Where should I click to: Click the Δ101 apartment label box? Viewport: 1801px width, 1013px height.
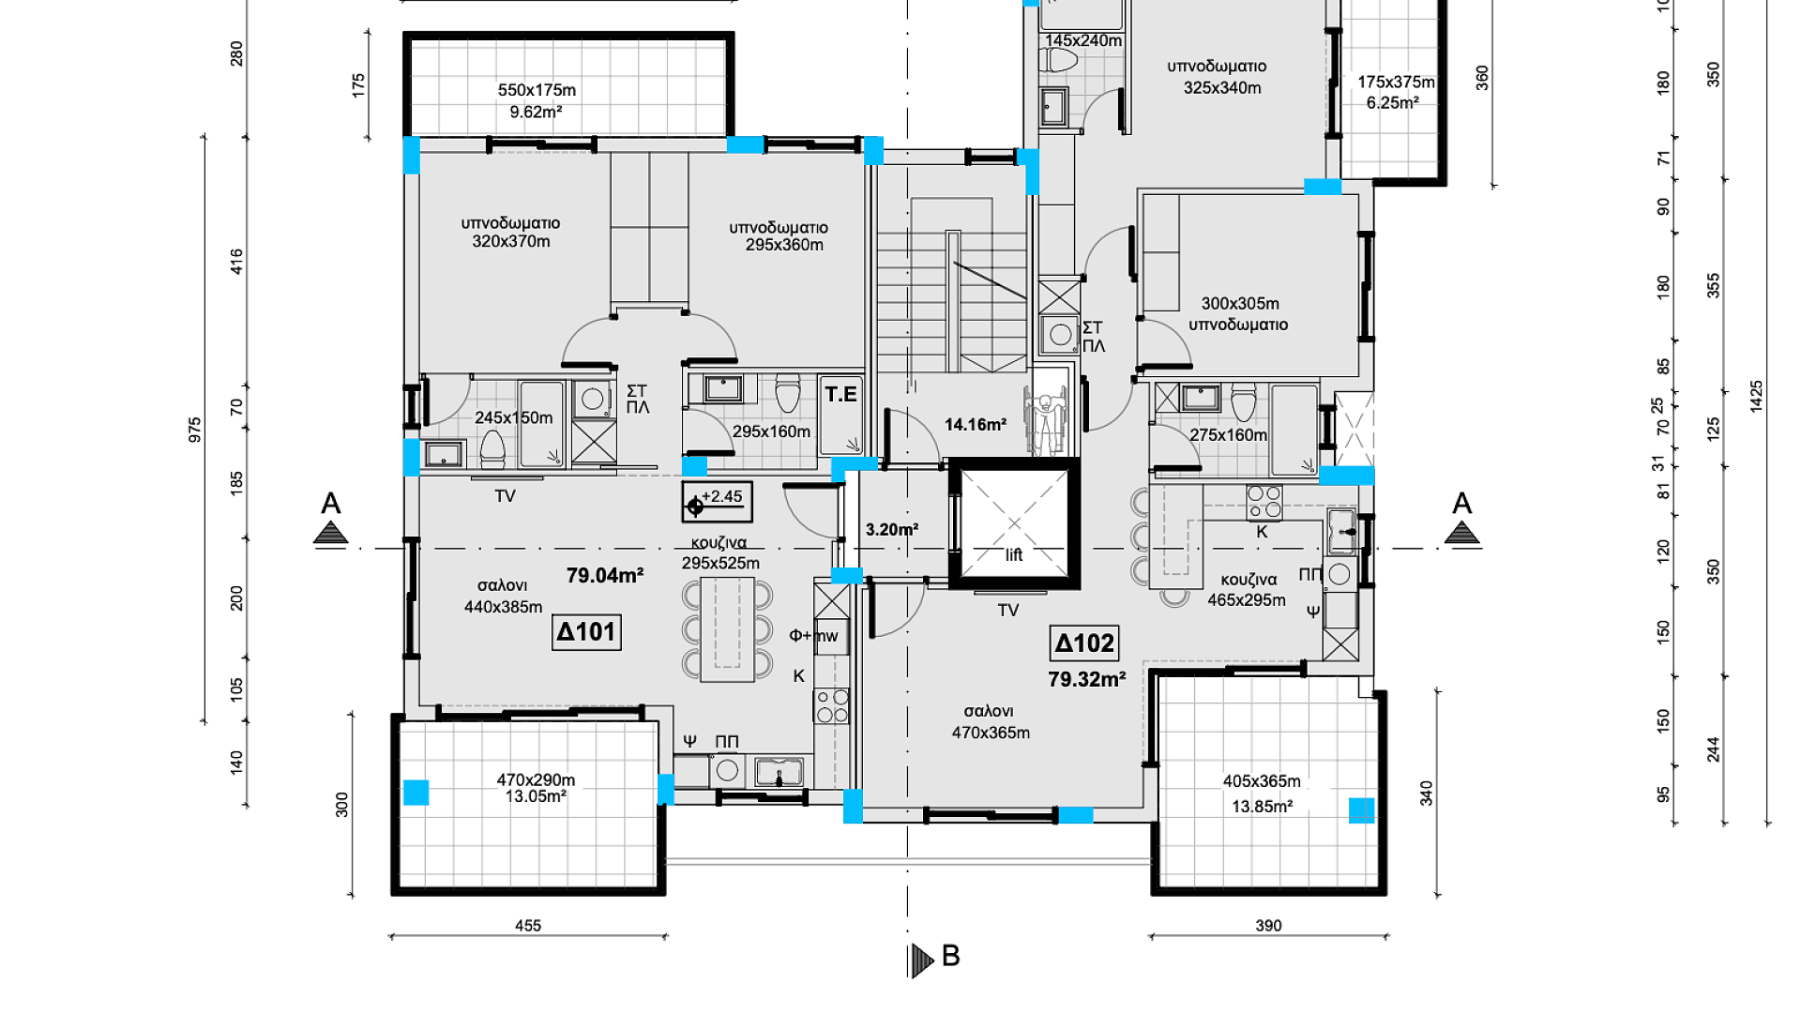click(x=586, y=632)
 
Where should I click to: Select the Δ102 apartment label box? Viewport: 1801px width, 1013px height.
click(x=1084, y=643)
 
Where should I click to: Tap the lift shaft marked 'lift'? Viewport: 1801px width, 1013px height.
click(x=1014, y=523)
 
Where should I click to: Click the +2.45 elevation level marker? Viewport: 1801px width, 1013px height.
click(x=717, y=502)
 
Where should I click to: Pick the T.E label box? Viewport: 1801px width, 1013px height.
click(x=841, y=394)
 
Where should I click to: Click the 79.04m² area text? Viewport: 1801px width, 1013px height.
click(x=605, y=576)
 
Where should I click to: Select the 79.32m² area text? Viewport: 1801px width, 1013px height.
click(x=1087, y=679)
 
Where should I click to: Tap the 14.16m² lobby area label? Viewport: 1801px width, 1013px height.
click(x=976, y=425)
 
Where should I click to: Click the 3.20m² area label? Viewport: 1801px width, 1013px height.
click(x=892, y=530)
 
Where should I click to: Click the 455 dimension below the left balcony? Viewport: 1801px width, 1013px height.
click(x=528, y=926)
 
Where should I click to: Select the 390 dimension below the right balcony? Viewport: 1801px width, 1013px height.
click(x=1268, y=926)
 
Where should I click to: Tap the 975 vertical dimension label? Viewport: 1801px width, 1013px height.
click(x=195, y=431)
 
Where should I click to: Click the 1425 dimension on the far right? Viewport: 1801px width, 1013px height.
click(x=1757, y=396)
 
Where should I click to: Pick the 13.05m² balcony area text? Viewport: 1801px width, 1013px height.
click(x=536, y=797)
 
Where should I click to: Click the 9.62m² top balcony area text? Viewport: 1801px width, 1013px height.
click(x=536, y=113)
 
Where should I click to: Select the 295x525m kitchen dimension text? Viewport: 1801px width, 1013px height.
click(x=720, y=564)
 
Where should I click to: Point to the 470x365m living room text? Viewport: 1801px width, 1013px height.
click(x=991, y=733)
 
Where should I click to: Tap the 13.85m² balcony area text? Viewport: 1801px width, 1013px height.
click(x=1262, y=807)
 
